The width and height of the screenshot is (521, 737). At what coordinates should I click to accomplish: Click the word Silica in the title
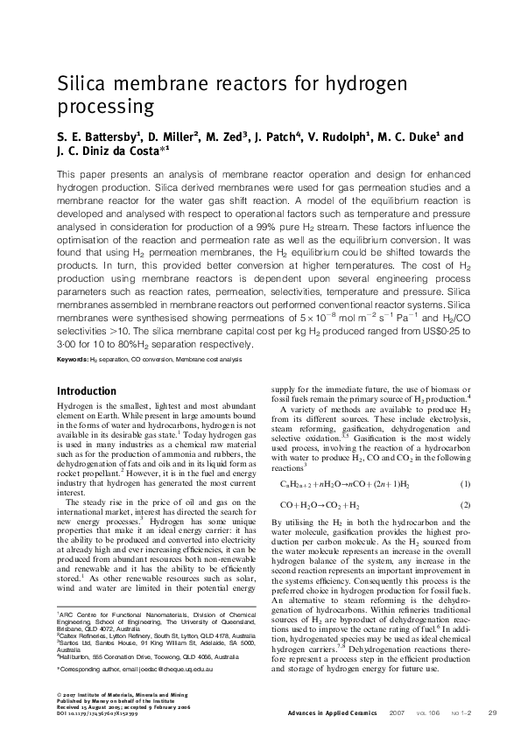(81, 85)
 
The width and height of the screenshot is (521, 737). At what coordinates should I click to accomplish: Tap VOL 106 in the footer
(421, 712)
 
